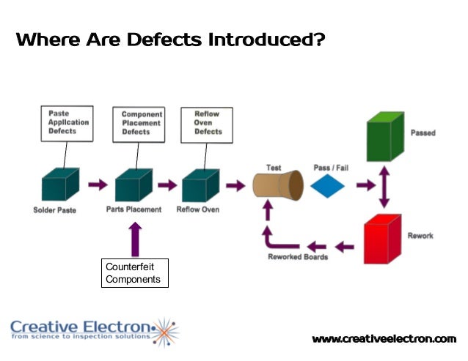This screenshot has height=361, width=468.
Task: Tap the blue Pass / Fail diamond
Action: point(327,185)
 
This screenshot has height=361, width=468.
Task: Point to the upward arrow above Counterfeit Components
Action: point(135,237)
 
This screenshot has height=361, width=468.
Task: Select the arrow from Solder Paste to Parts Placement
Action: point(98,185)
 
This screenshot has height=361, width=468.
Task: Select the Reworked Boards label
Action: point(298,257)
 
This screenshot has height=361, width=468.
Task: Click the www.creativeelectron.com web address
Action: point(384,338)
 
